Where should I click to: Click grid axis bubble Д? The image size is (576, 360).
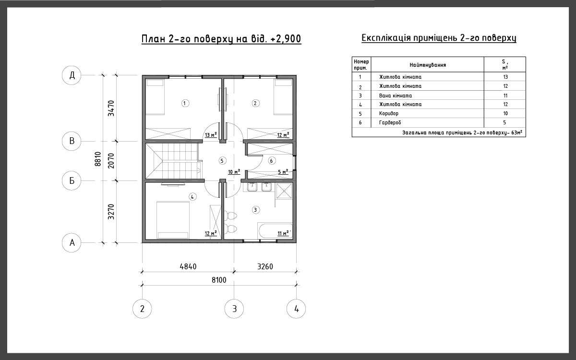pos(72,75)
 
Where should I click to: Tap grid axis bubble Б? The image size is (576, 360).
pos(72,180)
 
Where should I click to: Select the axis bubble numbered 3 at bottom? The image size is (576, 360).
pos(234,309)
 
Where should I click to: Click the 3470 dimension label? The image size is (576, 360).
pos(111,108)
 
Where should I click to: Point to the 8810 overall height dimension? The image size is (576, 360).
pos(98,159)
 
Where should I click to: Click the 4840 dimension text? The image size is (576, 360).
pos(188,266)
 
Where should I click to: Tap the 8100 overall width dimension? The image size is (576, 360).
pos(219,280)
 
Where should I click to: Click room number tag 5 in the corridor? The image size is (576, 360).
pos(222,161)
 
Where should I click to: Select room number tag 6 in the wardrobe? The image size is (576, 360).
pos(272,161)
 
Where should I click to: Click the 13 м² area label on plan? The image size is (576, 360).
pos(211,135)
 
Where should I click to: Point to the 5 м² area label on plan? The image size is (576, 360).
pos(283,171)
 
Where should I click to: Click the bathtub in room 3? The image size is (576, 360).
pos(275,231)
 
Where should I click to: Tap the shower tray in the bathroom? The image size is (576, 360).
pos(284,191)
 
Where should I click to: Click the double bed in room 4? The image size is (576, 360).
pos(173,220)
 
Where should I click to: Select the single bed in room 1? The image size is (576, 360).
pos(155,97)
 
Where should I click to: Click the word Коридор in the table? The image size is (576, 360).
pos(388,113)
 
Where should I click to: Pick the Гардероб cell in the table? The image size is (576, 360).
pos(390,122)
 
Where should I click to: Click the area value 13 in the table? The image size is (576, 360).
pos(505,77)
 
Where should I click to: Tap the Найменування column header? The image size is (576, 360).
pos(428,65)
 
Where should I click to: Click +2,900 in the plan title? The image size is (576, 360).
pos(286,38)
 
